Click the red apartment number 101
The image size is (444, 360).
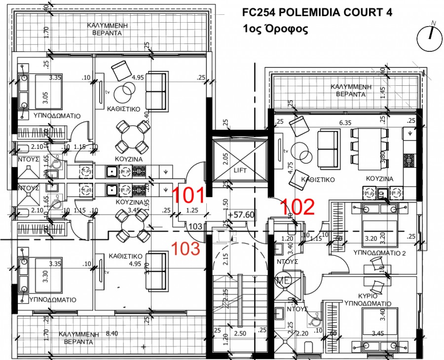click(188, 195)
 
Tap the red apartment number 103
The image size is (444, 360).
click(185, 248)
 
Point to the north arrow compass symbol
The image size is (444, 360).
click(430, 38)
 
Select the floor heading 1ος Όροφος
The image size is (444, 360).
click(275, 29)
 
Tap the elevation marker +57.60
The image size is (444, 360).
click(241, 215)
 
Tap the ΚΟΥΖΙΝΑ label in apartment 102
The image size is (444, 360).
click(379, 179)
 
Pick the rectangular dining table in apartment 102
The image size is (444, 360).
click(369, 141)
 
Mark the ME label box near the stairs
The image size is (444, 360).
click(283, 279)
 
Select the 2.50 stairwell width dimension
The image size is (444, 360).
click(240, 334)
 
